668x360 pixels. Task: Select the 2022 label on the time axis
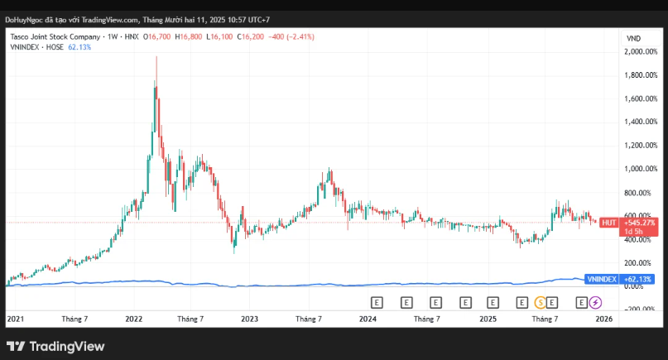pos(134,319)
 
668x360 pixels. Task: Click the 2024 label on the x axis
pos(368,319)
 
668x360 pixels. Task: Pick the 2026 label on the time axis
pos(603,319)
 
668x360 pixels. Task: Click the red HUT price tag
pos(608,223)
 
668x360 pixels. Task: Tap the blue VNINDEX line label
pos(601,279)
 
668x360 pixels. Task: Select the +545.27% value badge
pos(639,223)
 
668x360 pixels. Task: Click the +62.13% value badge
pos(638,279)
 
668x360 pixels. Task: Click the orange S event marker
pos(541,301)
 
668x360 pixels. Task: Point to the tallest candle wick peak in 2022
pos(156,57)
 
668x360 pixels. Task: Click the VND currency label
pos(634,38)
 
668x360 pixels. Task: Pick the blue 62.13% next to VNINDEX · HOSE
pos(79,47)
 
